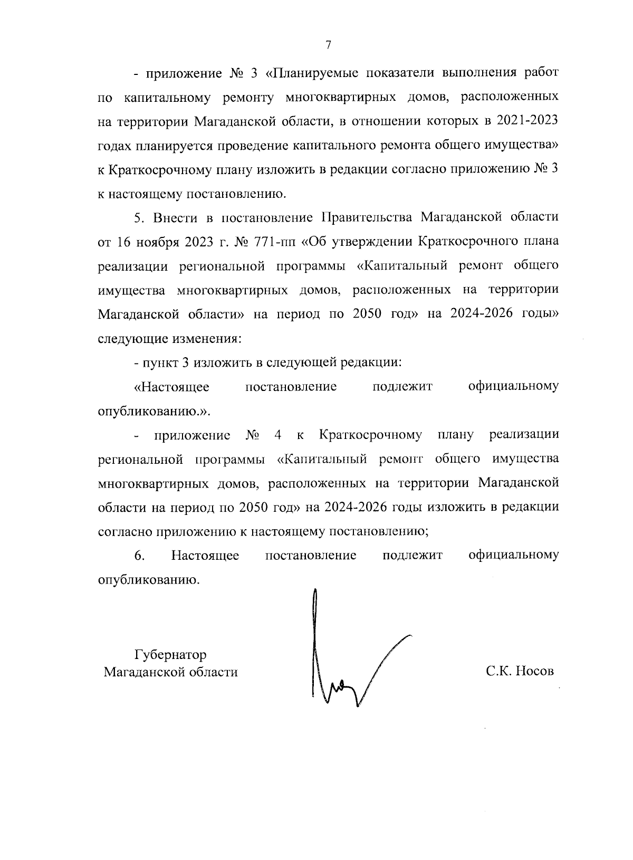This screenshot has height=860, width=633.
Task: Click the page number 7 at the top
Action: pyautogui.click(x=328, y=45)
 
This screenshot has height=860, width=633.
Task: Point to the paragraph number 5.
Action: pyautogui.click(x=139, y=217)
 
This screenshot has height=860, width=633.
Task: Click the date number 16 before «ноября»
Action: pyautogui.click(x=122, y=242)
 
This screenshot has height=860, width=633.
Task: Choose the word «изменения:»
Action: pyautogui.click(x=207, y=339)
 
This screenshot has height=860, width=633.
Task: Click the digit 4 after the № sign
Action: pyautogui.click(x=277, y=436)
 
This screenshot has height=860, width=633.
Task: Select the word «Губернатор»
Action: pyautogui.click(x=170, y=655)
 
